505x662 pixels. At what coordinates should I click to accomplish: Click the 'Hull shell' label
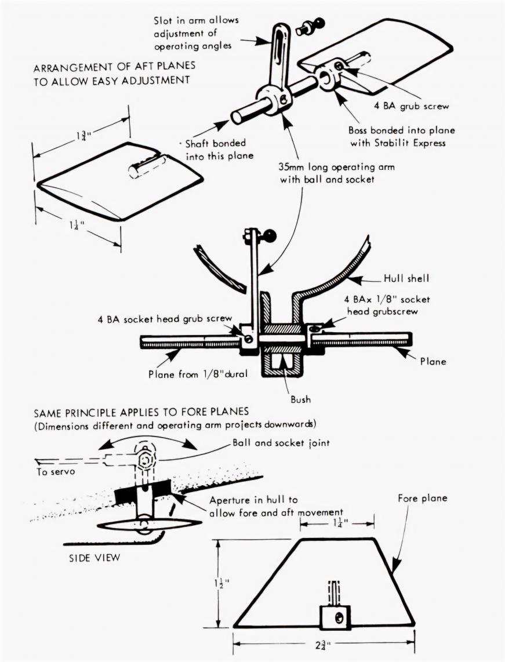click(x=406, y=278)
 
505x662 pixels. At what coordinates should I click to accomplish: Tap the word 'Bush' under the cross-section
click(x=300, y=399)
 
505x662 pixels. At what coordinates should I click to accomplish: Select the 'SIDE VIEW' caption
click(x=95, y=558)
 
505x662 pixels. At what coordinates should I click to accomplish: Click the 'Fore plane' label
click(x=422, y=498)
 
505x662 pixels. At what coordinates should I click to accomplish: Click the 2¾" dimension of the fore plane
click(x=322, y=645)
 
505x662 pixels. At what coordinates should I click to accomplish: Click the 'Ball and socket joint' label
click(x=281, y=443)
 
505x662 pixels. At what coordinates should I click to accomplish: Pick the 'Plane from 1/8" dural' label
click(x=198, y=374)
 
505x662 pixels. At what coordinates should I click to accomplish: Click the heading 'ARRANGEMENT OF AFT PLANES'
click(x=114, y=66)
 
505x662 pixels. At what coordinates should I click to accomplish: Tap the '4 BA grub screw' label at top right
click(x=411, y=106)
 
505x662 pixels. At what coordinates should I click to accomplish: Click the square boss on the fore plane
click(x=334, y=618)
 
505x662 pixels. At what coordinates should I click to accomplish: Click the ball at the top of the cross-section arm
click(x=269, y=234)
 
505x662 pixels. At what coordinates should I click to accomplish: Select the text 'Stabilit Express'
click(x=409, y=143)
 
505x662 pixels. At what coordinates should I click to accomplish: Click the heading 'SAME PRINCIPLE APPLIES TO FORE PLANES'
click(x=141, y=412)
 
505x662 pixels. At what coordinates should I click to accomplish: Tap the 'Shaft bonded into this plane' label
click(x=220, y=150)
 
